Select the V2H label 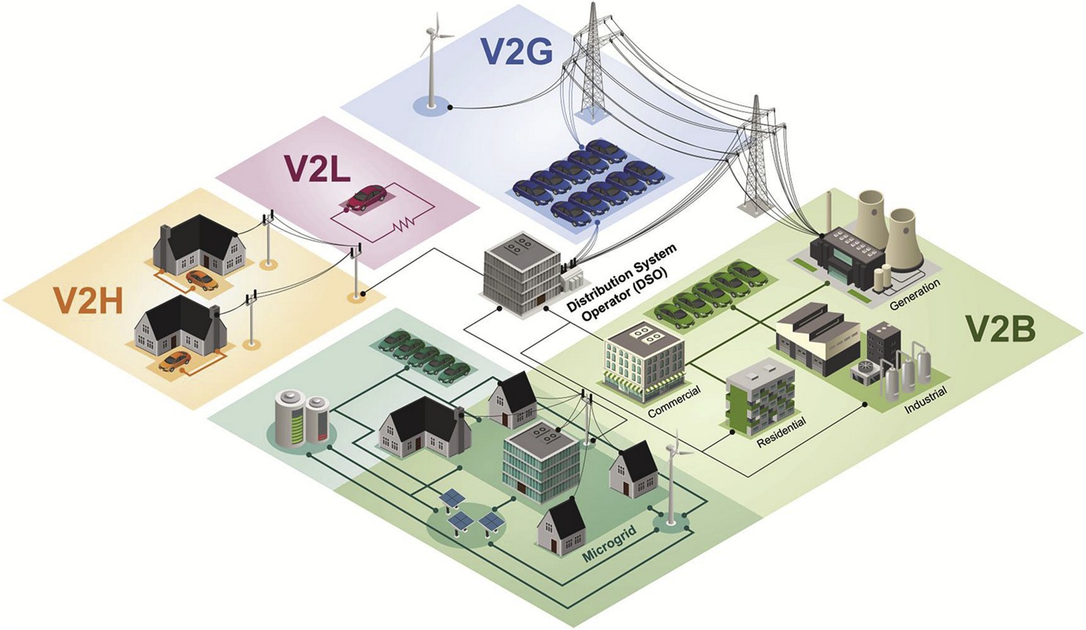(87, 301)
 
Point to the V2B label (999, 330)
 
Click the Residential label (781, 433)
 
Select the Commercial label (674, 401)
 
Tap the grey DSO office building (517, 275)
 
